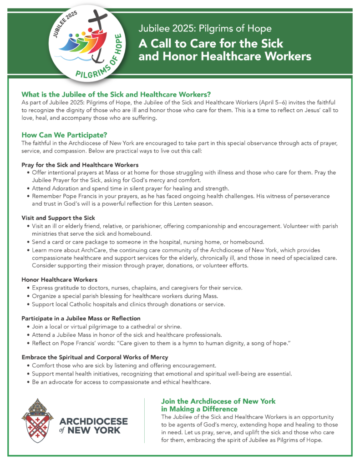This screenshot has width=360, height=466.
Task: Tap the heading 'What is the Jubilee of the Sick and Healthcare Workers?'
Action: pos(116,94)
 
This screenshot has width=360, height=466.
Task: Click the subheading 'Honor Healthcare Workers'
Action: pos(59,279)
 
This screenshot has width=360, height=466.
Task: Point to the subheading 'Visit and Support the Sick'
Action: pos(58,218)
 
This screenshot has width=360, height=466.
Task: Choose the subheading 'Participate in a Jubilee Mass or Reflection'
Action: pos(81,318)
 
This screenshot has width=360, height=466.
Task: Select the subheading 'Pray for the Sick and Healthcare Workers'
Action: pos(80,164)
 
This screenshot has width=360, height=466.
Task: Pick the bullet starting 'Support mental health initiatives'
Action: pos(162,374)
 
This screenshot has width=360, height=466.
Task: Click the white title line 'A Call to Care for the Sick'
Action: pos(211,44)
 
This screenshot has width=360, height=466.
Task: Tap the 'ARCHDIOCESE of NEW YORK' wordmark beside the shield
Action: pos(93,425)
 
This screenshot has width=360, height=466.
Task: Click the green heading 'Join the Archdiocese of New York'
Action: pos(218,401)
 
